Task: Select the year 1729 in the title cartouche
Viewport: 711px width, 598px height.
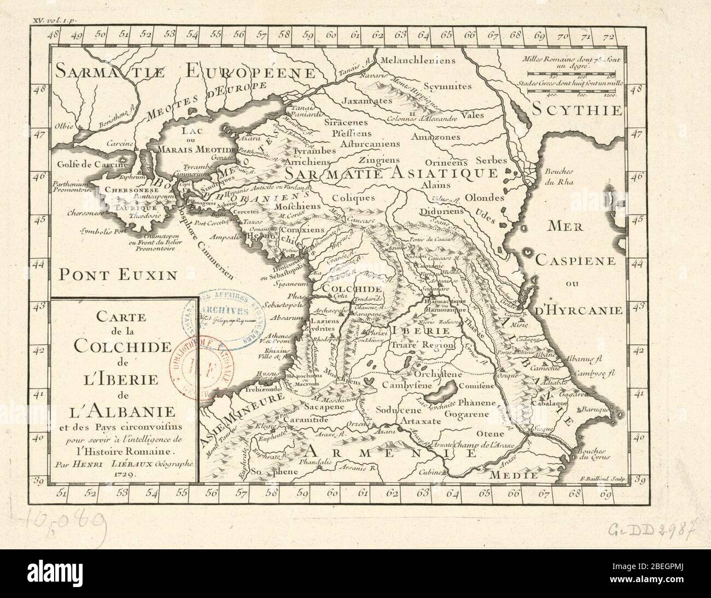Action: (x=123, y=476)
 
